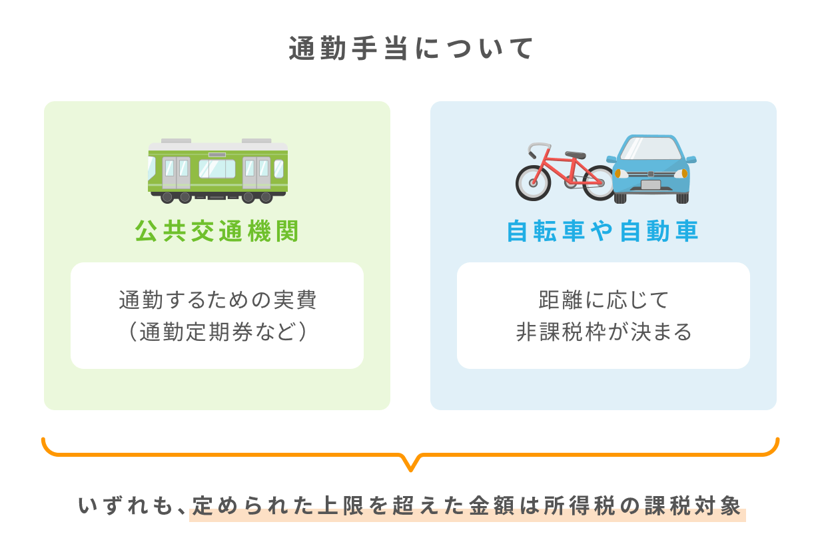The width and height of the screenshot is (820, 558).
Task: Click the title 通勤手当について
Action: click(x=410, y=49)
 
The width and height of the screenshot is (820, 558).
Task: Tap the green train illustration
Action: click(x=217, y=171)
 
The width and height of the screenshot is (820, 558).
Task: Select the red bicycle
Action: click(x=564, y=172)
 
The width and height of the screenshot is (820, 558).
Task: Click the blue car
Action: click(x=651, y=169)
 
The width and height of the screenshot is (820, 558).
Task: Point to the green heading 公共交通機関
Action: click(x=217, y=231)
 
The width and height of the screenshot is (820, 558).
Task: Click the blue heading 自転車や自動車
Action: click(x=603, y=231)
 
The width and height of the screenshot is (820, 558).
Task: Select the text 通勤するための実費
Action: click(x=217, y=300)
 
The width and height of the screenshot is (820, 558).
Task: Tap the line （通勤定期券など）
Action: click(x=217, y=332)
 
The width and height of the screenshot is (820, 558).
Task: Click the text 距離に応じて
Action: click(x=604, y=300)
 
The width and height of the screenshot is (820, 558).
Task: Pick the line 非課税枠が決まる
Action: click(x=604, y=332)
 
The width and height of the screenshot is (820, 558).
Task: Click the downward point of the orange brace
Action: click(x=410, y=471)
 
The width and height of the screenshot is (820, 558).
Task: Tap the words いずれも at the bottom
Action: click(x=125, y=505)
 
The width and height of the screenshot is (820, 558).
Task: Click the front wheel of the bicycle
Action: click(x=533, y=183)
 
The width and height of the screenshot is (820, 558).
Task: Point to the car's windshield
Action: click(x=651, y=148)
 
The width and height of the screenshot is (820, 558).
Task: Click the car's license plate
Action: click(x=651, y=185)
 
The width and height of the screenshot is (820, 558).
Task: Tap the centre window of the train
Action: click(x=217, y=168)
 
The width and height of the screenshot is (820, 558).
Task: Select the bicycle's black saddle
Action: click(x=575, y=154)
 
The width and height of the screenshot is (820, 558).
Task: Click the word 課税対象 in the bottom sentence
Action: click(x=693, y=505)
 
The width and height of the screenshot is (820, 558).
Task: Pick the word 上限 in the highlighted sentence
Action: click(x=340, y=505)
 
